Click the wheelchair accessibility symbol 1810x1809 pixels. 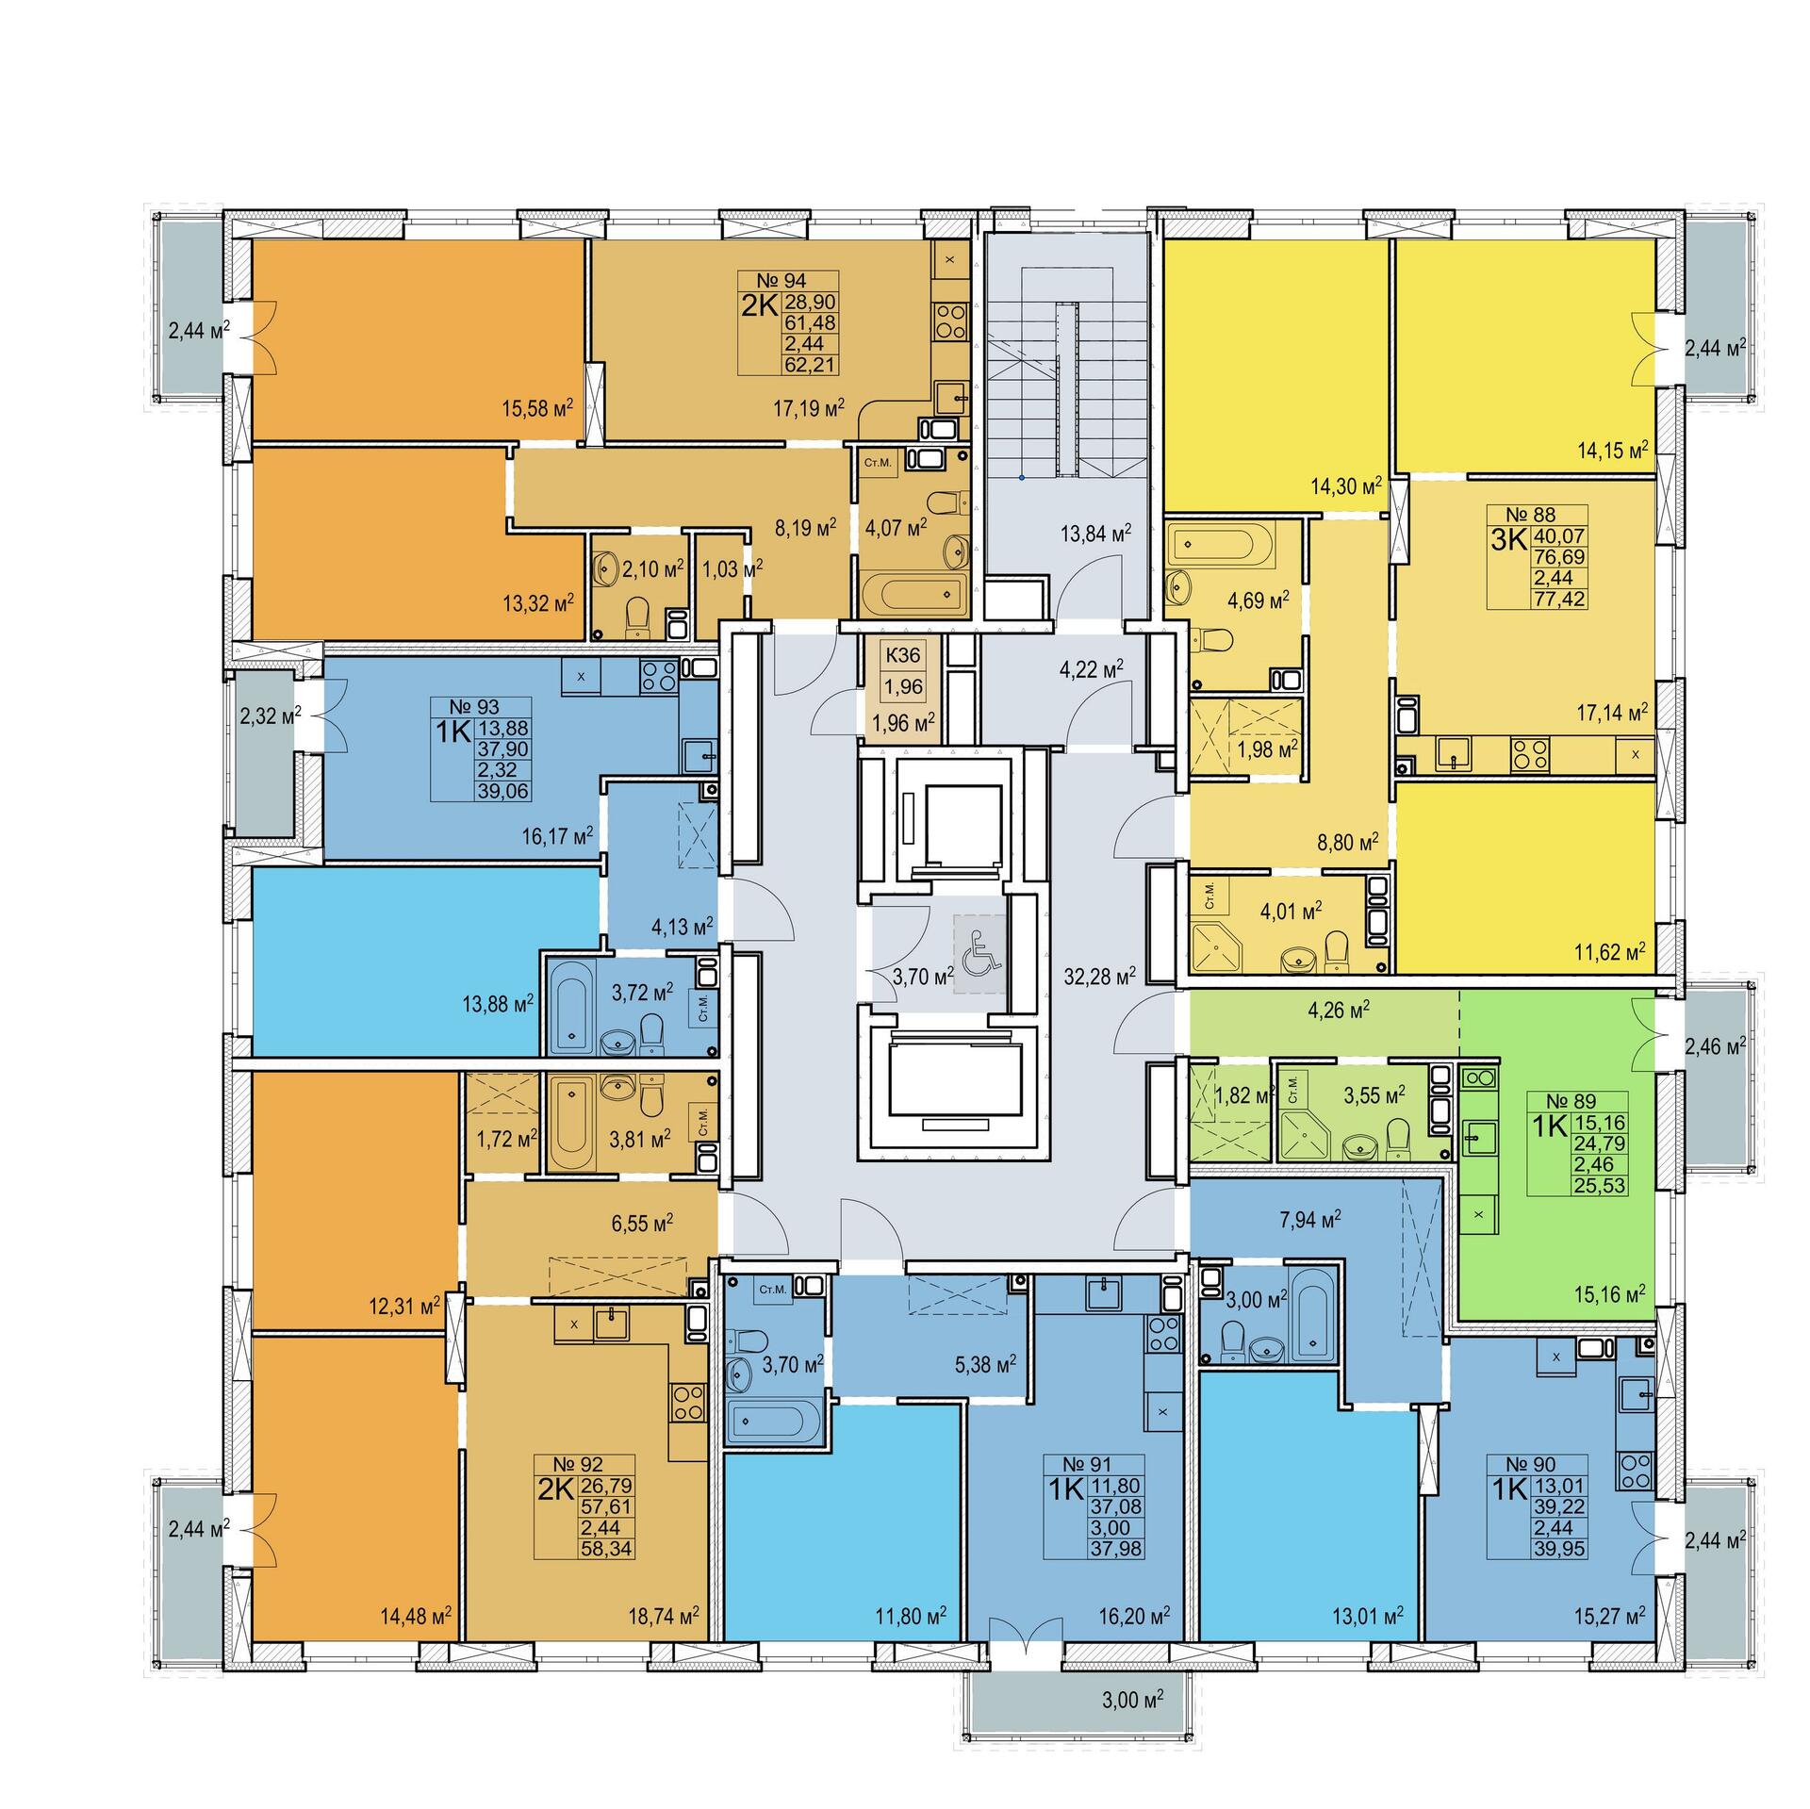979,953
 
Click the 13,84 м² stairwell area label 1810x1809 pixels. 1094,533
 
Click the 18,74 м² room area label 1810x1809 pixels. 662,1614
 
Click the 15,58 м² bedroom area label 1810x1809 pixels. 537,409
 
